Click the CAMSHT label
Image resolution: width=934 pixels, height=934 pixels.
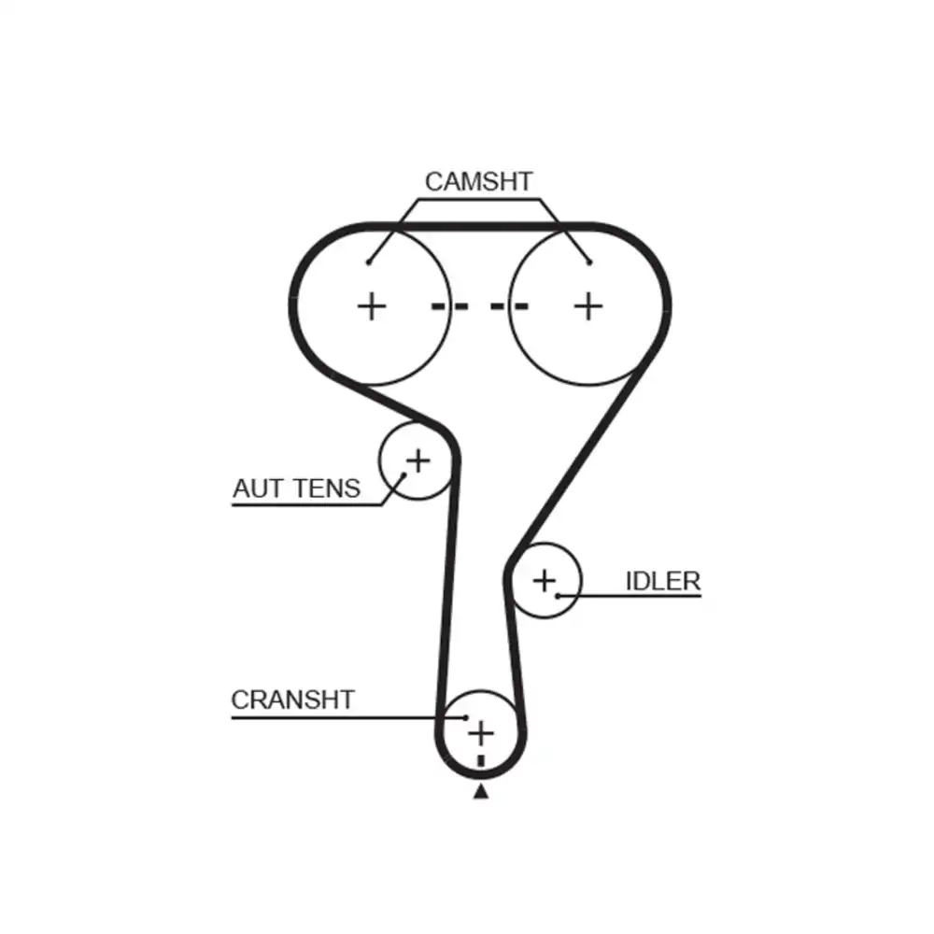click(x=478, y=182)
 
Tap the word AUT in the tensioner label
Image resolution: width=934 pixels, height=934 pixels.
click(x=258, y=488)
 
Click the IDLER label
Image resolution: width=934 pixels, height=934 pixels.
click(x=663, y=581)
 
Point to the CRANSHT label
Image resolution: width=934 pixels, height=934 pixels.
click(x=293, y=700)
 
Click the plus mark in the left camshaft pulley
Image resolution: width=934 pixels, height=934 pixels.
click(x=372, y=306)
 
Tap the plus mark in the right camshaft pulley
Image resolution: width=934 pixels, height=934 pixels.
click(x=588, y=306)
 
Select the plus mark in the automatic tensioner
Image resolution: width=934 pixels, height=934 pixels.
click(x=418, y=461)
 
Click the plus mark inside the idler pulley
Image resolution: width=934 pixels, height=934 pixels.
click(x=545, y=581)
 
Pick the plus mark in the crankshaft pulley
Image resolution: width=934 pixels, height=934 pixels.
click(x=481, y=733)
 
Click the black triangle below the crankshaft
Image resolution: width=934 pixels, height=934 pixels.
click(x=481, y=792)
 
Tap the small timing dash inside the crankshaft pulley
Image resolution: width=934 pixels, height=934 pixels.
click(x=481, y=761)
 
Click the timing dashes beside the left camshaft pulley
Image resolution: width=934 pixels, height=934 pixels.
click(x=450, y=306)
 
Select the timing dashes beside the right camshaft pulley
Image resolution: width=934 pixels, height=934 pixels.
click(x=509, y=306)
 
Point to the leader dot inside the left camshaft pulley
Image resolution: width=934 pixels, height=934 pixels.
click(x=369, y=262)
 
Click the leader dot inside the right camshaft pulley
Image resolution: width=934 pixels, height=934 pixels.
click(x=589, y=262)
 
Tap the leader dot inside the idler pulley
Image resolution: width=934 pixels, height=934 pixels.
click(x=559, y=595)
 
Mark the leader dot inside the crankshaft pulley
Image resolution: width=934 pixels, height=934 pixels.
click(x=466, y=717)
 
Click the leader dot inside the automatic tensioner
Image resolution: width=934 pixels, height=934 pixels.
click(x=403, y=475)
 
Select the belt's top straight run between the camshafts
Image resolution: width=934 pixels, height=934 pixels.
click(x=479, y=226)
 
